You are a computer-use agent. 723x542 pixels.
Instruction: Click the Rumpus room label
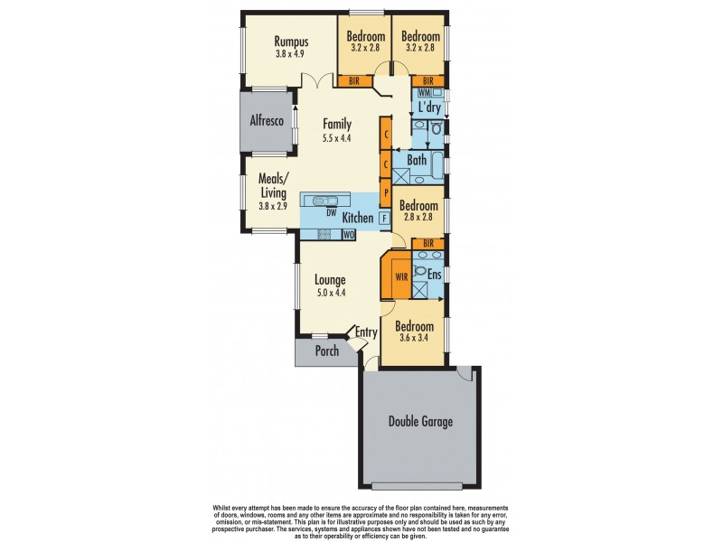[x=292, y=42]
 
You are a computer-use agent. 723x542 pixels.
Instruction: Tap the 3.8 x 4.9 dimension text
[x=292, y=54]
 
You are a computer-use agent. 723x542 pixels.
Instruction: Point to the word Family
[x=337, y=125]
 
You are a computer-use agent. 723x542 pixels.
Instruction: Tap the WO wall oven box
[x=348, y=235]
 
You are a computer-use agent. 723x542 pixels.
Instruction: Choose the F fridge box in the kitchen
[x=384, y=218]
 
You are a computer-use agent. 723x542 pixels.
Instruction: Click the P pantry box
[x=385, y=192]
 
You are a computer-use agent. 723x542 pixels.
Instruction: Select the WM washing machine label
[x=423, y=94]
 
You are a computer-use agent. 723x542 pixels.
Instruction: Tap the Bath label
[x=417, y=161]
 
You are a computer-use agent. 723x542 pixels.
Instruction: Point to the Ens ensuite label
[x=434, y=274]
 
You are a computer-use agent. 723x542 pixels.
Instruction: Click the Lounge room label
[x=331, y=280]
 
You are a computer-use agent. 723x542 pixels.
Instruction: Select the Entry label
[x=365, y=332]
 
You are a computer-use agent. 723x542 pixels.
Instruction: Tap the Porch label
[x=326, y=350]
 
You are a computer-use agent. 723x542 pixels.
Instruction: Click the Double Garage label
[x=420, y=421]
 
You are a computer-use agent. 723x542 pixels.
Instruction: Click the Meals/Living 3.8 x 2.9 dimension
[x=272, y=206]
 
